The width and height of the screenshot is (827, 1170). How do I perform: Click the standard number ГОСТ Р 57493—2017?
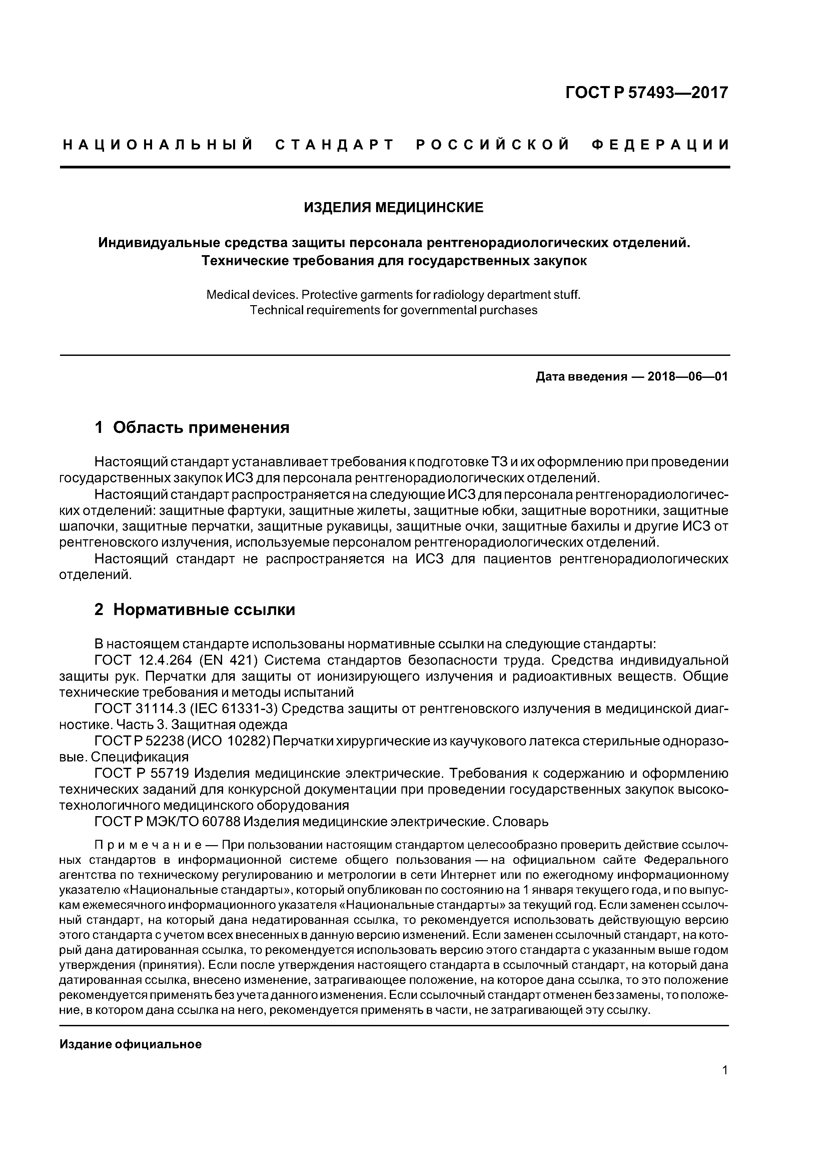pos(647,93)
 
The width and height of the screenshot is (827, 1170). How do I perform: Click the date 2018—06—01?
pos(688,377)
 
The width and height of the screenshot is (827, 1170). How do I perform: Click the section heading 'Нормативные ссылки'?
pos(204,609)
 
